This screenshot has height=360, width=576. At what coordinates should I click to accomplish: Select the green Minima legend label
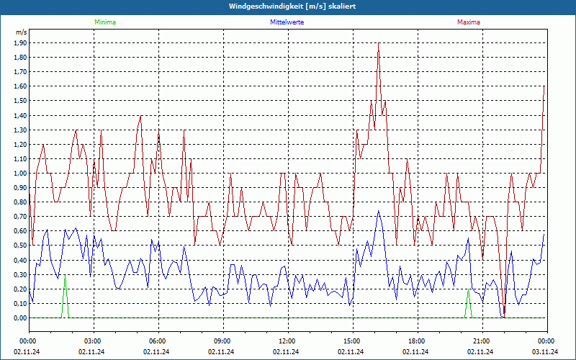click(x=104, y=22)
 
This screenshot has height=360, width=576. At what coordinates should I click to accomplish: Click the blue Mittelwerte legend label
click(x=287, y=22)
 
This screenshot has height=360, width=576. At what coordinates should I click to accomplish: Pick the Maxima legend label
click(x=468, y=22)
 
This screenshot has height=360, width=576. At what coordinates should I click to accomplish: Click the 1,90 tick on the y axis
click(x=20, y=43)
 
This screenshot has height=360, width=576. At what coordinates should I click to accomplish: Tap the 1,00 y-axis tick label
click(x=20, y=174)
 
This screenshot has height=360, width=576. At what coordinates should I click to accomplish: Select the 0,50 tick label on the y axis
click(x=20, y=246)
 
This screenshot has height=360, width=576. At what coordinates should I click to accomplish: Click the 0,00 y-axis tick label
click(x=20, y=318)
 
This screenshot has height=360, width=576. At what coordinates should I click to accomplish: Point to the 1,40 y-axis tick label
click(x=20, y=115)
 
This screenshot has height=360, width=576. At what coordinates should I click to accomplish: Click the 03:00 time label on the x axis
click(x=92, y=341)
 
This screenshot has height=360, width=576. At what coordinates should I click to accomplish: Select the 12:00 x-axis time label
click(x=287, y=341)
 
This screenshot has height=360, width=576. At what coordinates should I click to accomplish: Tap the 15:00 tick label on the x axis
click(x=351, y=341)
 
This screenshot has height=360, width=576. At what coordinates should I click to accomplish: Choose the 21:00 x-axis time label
click(x=481, y=341)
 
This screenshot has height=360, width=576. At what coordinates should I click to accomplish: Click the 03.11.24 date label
click(x=546, y=352)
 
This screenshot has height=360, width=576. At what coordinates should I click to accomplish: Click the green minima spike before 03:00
click(x=66, y=295)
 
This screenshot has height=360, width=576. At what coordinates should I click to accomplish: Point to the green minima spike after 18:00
click(x=469, y=302)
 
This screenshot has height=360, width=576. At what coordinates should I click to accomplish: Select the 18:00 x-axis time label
click(x=416, y=341)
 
